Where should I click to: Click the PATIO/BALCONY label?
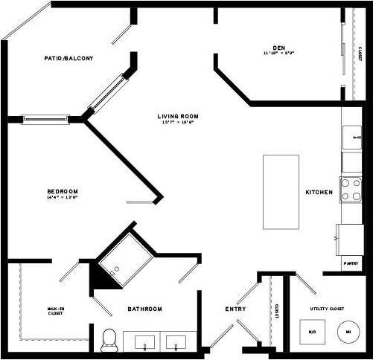click(x=69, y=59)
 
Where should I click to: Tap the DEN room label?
click(x=280, y=46)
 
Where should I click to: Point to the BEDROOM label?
click(x=62, y=191)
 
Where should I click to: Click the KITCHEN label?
click(x=319, y=192)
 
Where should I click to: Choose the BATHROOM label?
click(x=144, y=309)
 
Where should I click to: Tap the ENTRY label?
click(x=236, y=309)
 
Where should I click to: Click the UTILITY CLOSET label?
click(x=326, y=308)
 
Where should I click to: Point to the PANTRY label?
click(x=351, y=263)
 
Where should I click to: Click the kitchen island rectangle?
click(x=281, y=192)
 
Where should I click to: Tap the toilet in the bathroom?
click(x=109, y=340)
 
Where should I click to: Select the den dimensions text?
click(x=280, y=53)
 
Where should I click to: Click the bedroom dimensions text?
click(x=62, y=198)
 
